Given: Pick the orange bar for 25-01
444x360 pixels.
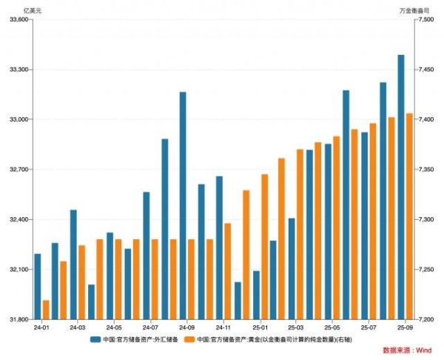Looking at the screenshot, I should tap(265, 247).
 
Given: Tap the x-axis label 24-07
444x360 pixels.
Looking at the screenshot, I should tap(151, 327).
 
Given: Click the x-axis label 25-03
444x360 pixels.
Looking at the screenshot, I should tap(296, 327).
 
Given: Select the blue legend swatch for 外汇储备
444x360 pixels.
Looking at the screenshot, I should tap(96, 339).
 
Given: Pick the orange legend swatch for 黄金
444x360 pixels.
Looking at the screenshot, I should tap(189, 339).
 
